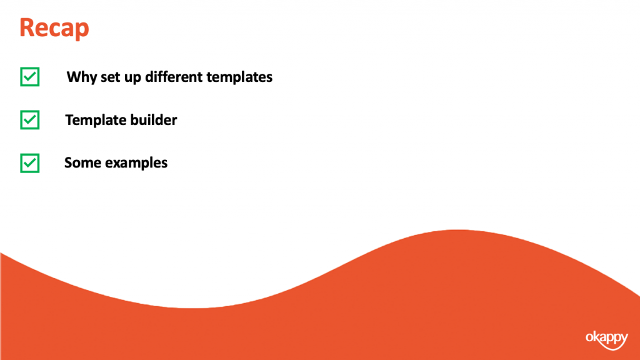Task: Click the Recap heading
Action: [54, 28]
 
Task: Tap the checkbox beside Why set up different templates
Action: [30, 77]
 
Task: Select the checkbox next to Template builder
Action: [30, 120]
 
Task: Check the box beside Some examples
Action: [30, 163]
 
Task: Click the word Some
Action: [82, 163]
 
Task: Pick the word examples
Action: [136, 163]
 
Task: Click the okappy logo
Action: [607, 340]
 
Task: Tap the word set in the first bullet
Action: [110, 77]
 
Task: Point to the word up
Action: [132, 78]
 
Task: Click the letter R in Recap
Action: [27, 27]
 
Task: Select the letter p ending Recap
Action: [82, 31]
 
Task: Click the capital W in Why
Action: [74, 77]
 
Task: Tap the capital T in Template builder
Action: [70, 120]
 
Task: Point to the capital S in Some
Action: [69, 163]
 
